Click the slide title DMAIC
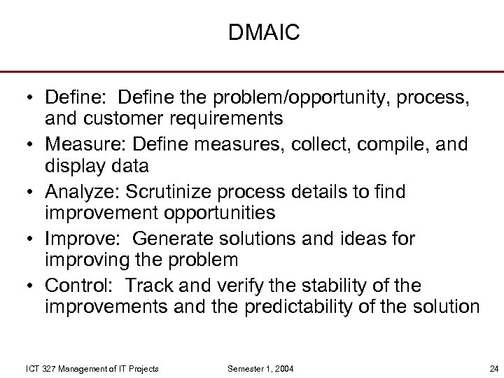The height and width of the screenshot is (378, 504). tap(264, 33)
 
